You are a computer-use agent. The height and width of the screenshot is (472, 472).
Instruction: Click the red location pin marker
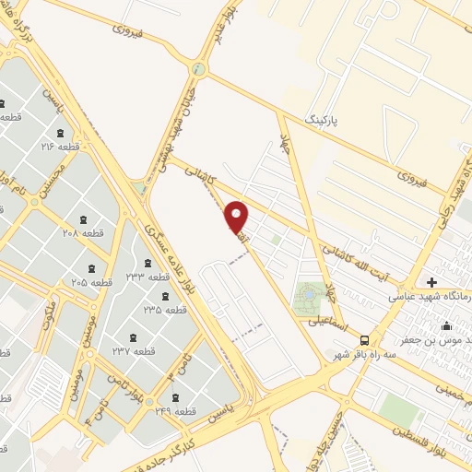(x=237, y=216)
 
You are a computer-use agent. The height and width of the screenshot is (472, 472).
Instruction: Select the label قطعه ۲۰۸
(x=84, y=233)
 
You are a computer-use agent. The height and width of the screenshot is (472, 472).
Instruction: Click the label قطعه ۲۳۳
(x=148, y=277)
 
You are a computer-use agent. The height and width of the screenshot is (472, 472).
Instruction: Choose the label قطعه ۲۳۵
(x=165, y=311)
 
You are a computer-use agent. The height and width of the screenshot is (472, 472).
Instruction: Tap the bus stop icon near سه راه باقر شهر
(x=365, y=339)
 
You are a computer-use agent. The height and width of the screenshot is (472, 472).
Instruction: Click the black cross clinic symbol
(x=431, y=281)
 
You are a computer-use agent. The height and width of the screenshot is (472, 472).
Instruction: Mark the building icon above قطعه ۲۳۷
(x=135, y=337)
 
